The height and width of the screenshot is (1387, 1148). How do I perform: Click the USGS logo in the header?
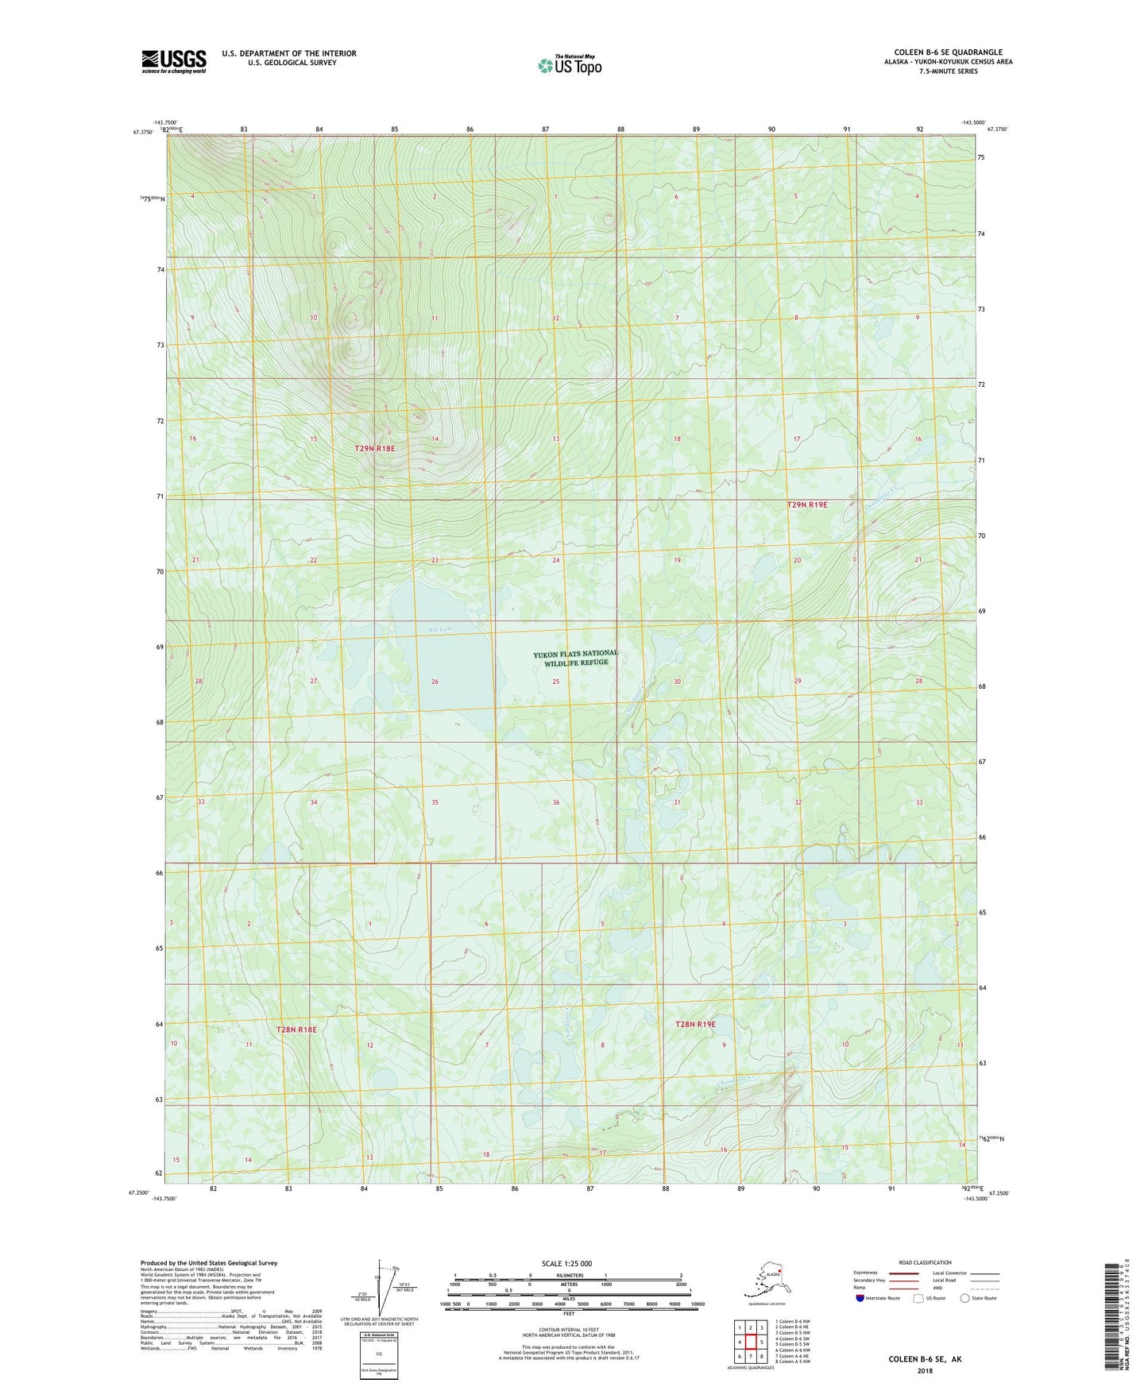[173, 61]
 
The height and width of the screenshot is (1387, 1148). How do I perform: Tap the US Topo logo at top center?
[569, 65]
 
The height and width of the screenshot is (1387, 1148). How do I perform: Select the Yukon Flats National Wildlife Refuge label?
[575, 658]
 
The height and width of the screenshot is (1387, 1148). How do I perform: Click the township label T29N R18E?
[374, 449]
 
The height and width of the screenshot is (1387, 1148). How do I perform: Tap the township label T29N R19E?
[807, 504]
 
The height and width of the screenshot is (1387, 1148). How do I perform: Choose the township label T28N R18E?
[296, 1030]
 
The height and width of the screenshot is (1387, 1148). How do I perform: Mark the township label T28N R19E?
[695, 1025]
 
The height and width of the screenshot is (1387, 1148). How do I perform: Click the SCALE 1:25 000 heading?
[566, 1264]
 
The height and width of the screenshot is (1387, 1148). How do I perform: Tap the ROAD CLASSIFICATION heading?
[925, 1262]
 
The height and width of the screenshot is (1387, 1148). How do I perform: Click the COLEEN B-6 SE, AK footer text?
[925, 1359]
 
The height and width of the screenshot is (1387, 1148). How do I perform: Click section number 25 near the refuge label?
[556, 682]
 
